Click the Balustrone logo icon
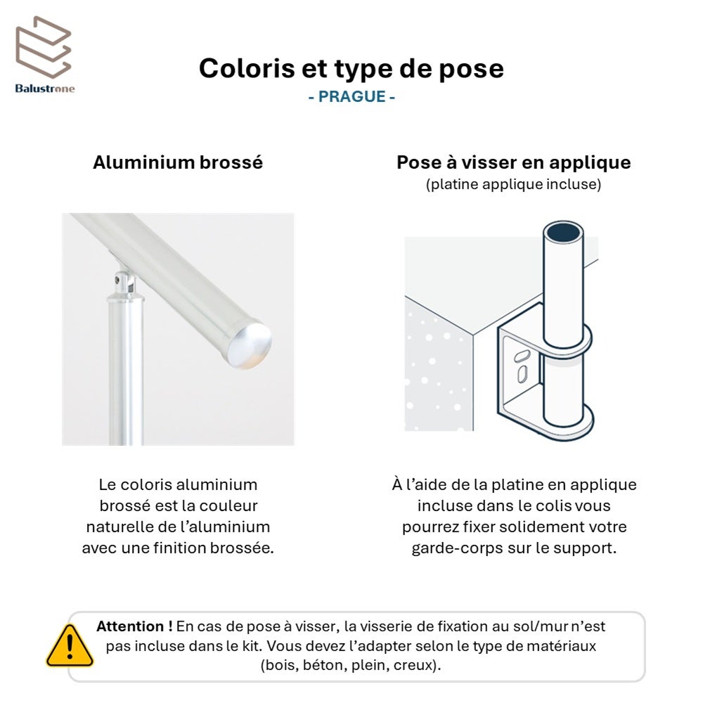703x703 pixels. click(43, 47)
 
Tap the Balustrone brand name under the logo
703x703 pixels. click(45, 89)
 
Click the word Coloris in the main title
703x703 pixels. click(246, 68)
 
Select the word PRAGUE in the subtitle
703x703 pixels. click(352, 96)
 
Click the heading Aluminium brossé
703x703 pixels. click(178, 162)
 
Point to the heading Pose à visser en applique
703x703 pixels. click(514, 163)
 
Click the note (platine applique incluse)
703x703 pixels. click(513, 184)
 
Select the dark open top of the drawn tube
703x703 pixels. click(563, 232)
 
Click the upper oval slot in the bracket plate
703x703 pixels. click(522, 356)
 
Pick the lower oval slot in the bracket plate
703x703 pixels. click(522, 374)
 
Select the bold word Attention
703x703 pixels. click(131, 626)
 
